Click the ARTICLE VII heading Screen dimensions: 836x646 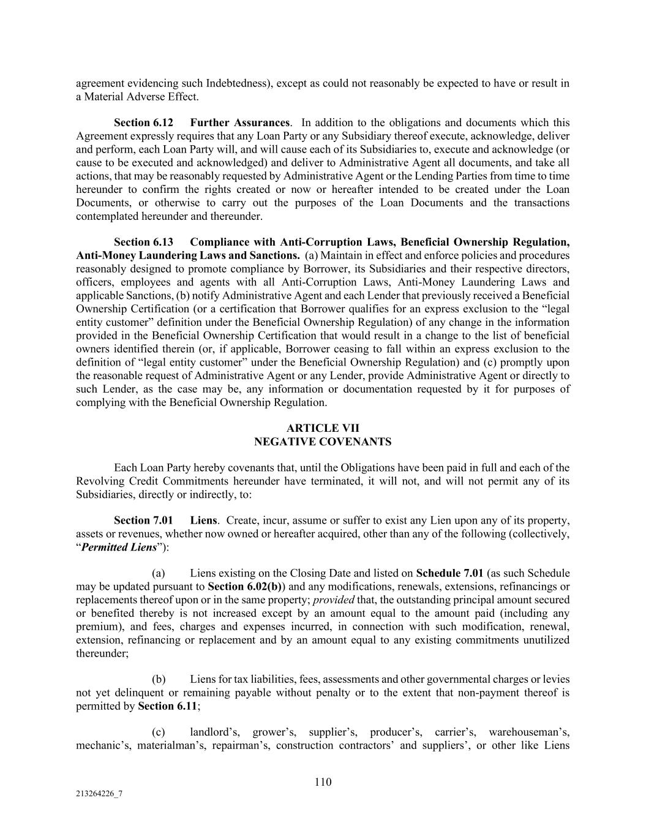point(323,429)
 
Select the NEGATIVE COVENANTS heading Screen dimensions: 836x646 point(323,442)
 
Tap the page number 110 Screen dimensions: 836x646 point(323,781)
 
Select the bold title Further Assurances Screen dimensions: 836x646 point(240,123)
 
